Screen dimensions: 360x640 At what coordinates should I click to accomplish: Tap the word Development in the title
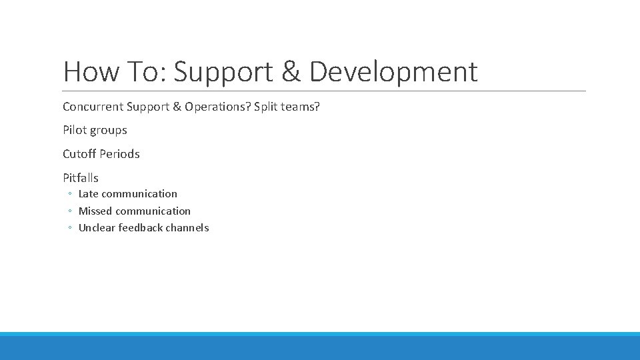(393, 72)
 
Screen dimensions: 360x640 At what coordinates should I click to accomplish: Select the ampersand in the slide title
(291, 72)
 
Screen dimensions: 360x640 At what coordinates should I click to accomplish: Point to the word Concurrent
(93, 107)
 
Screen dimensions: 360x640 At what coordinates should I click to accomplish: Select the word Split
(267, 107)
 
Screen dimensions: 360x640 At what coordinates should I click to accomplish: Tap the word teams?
(301, 107)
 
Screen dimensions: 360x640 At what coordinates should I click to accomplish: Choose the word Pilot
(75, 130)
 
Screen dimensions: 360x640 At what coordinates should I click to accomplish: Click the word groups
(109, 131)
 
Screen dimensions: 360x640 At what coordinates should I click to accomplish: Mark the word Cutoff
(79, 154)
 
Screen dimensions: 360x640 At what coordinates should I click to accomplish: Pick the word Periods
(120, 154)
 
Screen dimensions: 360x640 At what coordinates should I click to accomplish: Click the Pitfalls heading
(81, 178)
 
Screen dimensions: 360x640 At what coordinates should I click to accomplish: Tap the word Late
(89, 194)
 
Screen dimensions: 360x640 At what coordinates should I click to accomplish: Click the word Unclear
(97, 228)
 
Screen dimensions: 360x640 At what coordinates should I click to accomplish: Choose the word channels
(189, 228)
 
